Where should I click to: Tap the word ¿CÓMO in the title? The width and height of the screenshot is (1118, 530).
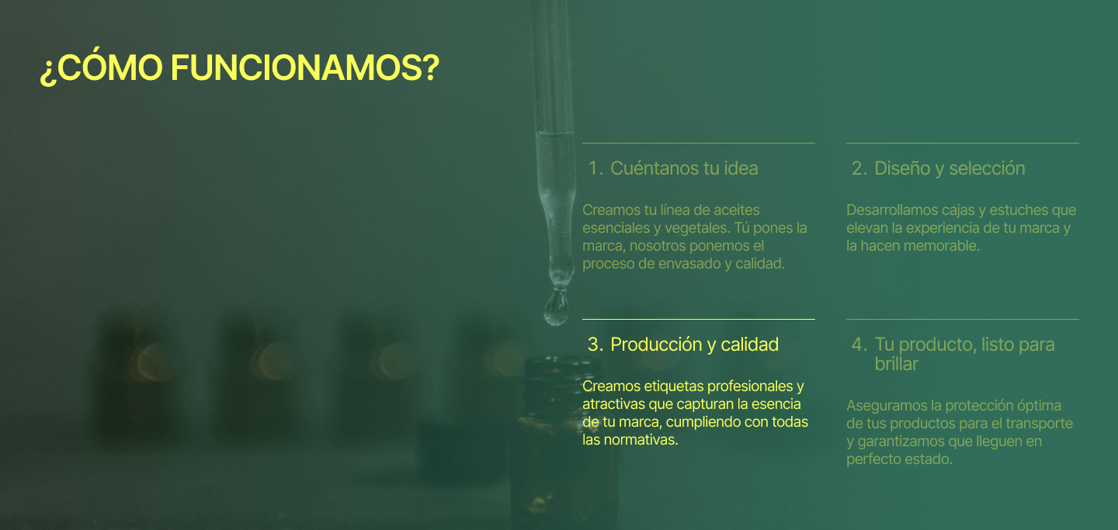101,68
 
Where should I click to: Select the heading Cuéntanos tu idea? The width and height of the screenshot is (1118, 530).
684,168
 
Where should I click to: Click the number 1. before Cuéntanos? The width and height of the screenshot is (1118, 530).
595,168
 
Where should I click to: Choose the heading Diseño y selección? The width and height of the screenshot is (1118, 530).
950,168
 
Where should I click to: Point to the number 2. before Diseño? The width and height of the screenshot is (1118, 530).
859,168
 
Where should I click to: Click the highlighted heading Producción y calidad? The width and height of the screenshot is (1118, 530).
694,345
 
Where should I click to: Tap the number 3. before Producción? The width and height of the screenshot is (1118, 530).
595,345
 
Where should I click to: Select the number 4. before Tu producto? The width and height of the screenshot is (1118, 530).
859,345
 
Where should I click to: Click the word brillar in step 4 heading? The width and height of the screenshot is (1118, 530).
896,364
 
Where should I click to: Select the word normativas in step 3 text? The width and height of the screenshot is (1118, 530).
644,440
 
